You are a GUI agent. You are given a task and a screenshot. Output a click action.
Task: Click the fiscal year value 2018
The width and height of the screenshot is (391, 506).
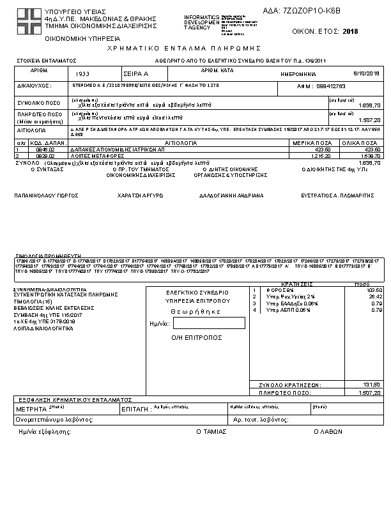point(351,31)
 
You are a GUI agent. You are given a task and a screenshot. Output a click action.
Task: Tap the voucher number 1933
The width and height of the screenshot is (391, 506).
point(82,74)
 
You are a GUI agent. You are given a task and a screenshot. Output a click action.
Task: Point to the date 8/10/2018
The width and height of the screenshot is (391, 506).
point(367,74)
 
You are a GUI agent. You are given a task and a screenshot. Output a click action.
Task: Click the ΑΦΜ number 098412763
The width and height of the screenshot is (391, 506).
point(330,86)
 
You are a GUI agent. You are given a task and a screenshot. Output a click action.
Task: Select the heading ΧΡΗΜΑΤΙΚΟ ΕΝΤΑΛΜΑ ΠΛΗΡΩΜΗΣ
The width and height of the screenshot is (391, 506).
point(185,49)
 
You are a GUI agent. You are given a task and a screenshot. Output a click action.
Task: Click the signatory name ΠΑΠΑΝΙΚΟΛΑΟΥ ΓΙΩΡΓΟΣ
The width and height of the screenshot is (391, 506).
point(42,195)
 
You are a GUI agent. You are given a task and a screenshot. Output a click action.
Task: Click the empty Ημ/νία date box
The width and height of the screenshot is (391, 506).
point(199,323)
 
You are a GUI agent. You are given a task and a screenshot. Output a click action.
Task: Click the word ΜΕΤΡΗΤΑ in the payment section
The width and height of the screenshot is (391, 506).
point(32,408)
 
